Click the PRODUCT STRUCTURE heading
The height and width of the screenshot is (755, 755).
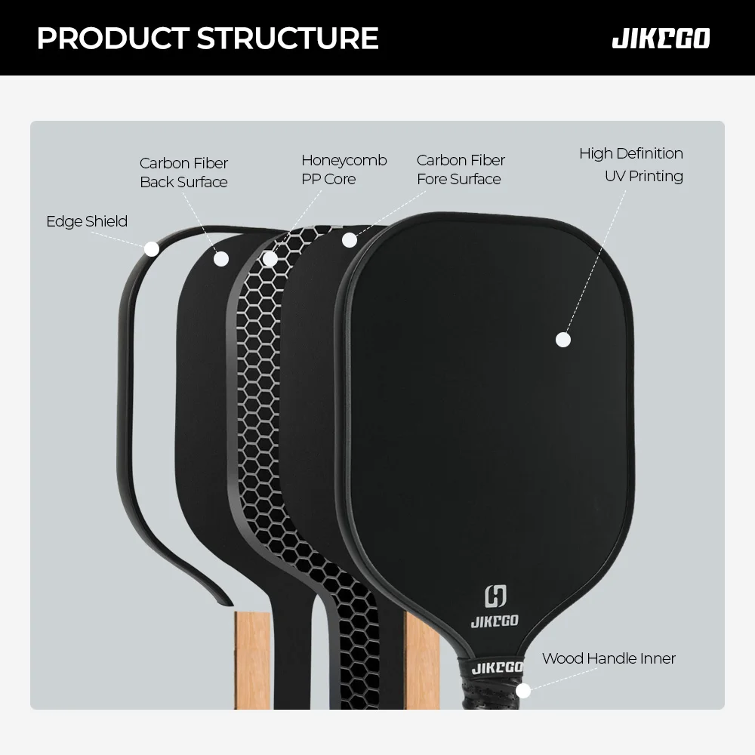[208, 38]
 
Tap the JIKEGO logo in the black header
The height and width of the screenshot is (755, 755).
[661, 39]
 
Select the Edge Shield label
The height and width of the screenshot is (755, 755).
[87, 221]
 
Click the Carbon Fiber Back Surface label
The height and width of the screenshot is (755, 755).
[183, 172]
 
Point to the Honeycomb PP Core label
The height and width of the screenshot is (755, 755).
[344, 169]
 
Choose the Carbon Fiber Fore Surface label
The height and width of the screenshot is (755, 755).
[460, 169]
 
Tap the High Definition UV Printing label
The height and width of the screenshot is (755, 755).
[631, 165]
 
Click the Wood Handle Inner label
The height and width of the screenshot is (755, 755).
[609, 658]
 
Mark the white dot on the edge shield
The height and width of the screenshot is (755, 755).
[151, 248]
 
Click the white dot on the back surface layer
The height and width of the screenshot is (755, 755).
[221, 258]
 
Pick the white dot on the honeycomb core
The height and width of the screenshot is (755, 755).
[270, 258]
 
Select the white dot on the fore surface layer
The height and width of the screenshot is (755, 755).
[349, 240]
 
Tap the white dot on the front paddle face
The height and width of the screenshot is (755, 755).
[562, 340]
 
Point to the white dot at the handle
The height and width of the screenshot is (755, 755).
[523, 690]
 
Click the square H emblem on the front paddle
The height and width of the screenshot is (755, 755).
[495, 596]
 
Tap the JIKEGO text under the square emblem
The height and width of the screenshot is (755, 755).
[495, 621]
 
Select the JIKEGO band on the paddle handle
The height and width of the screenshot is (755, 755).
[497, 667]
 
